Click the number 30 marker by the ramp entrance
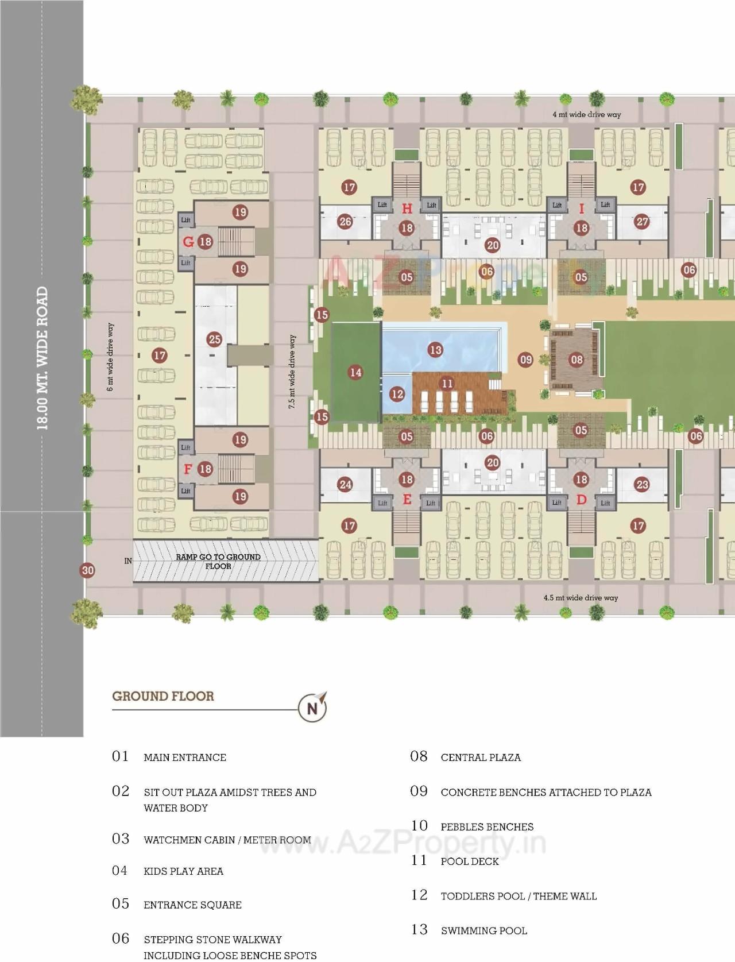(x=87, y=570)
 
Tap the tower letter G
(x=188, y=242)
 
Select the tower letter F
(x=187, y=469)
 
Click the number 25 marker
(x=215, y=339)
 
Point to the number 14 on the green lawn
(x=356, y=372)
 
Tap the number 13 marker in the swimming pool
(x=435, y=349)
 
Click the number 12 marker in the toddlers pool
(x=397, y=394)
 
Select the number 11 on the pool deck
(x=447, y=383)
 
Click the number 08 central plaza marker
(x=577, y=360)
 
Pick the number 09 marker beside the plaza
(x=526, y=360)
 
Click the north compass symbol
(x=312, y=708)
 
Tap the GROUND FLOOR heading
(x=163, y=696)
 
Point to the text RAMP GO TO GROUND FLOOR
(x=218, y=561)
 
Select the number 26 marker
(x=345, y=221)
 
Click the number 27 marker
(x=642, y=222)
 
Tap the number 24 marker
(x=345, y=484)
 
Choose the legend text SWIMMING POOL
(x=483, y=930)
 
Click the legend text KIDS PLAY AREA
(x=183, y=871)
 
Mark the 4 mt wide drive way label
(x=586, y=114)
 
